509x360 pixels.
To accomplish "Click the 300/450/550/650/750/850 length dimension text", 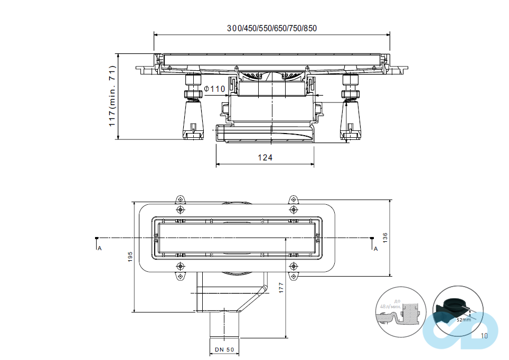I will [272, 29].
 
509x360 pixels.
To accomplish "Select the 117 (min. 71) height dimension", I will [112, 96].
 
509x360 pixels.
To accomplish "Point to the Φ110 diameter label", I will [214, 89].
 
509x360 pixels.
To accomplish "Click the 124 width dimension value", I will [265, 157].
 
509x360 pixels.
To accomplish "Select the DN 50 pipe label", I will [225, 350].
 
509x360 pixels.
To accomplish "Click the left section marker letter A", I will [99, 248].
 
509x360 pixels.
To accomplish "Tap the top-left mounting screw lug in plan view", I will [181, 200].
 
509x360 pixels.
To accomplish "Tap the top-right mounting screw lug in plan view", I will [294, 200].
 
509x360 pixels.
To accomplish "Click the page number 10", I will [484, 335].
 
